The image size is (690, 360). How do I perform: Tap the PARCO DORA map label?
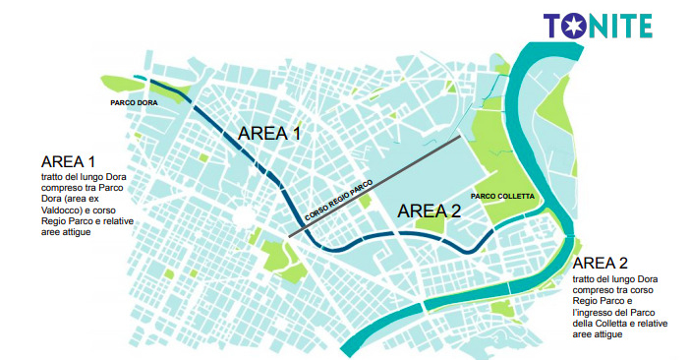coord(135,101)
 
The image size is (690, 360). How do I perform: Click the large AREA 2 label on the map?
coord(429,210)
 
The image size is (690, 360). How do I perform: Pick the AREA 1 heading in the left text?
coord(69,161)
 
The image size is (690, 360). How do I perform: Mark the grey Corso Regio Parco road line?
coord(393,178)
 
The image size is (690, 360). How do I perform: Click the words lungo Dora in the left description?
coord(99,177)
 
